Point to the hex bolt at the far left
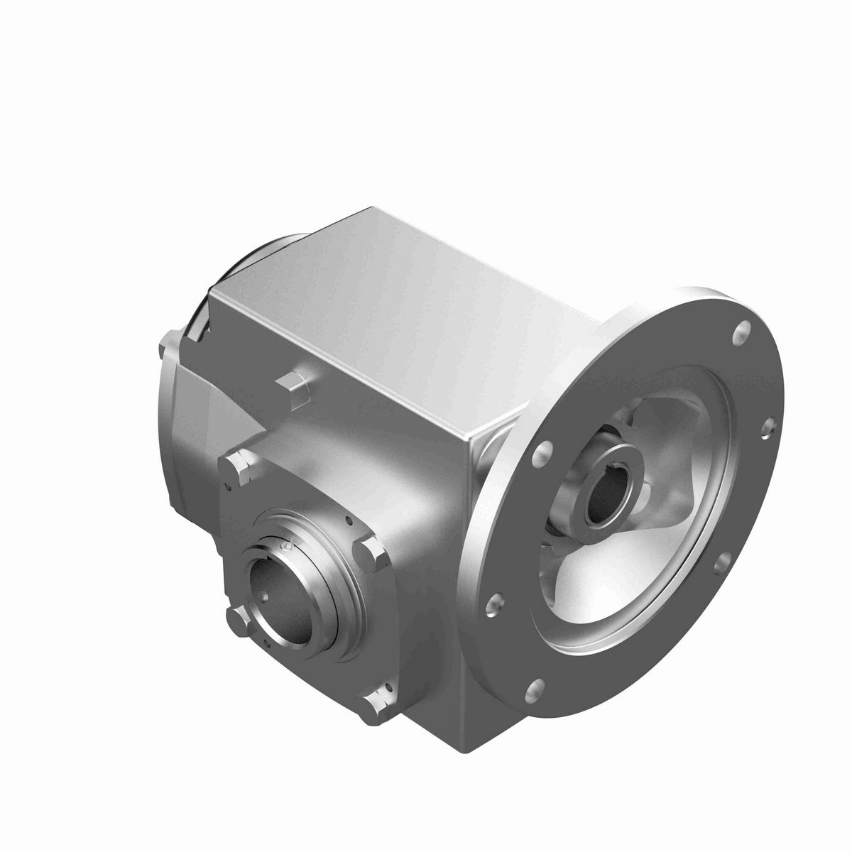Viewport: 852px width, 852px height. pyautogui.click(x=170, y=349)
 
